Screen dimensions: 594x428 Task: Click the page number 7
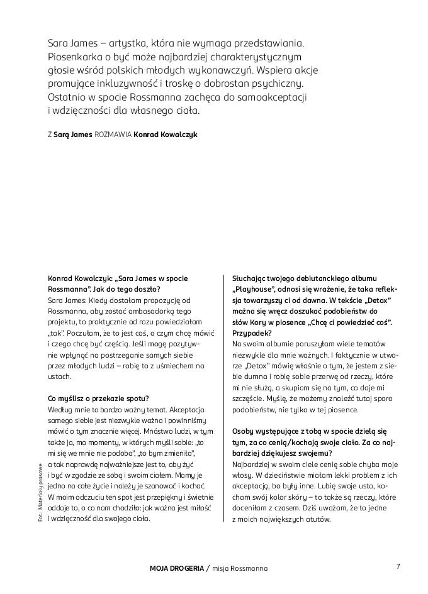398,566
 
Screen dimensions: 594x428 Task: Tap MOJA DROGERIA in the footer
177,568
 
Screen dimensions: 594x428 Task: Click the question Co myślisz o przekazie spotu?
98,399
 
